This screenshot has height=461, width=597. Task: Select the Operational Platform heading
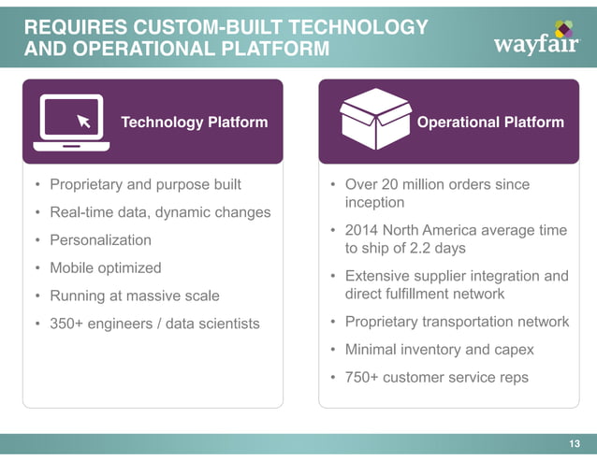(x=490, y=122)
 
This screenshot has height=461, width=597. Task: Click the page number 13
(x=575, y=443)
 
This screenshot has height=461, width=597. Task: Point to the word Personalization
(x=100, y=239)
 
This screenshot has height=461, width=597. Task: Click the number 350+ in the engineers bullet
(x=66, y=324)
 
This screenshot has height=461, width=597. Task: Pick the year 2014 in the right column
(x=361, y=230)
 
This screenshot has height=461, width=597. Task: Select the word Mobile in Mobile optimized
(x=73, y=267)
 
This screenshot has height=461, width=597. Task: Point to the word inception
(x=374, y=203)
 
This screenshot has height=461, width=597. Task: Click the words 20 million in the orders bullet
(x=419, y=184)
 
